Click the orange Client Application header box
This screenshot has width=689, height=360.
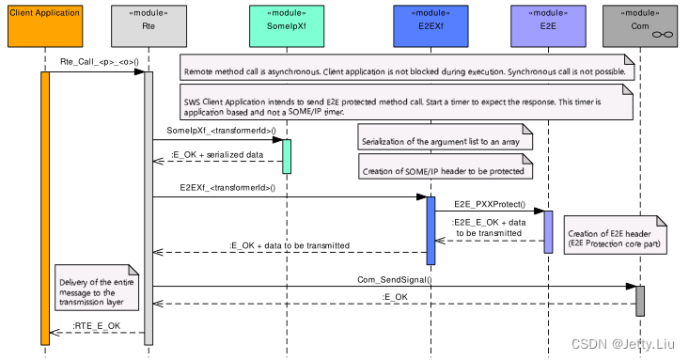(x=44, y=25)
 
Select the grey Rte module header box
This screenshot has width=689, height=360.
(x=148, y=25)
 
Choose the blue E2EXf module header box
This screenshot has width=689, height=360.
(x=431, y=25)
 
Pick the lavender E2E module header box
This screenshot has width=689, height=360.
(x=547, y=25)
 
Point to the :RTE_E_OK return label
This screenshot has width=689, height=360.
(x=97, y=326)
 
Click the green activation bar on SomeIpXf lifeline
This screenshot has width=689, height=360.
(x=287, y=156)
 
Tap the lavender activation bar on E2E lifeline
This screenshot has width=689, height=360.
(x=548, y=231)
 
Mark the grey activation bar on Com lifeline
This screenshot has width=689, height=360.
(x=640, y=301)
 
